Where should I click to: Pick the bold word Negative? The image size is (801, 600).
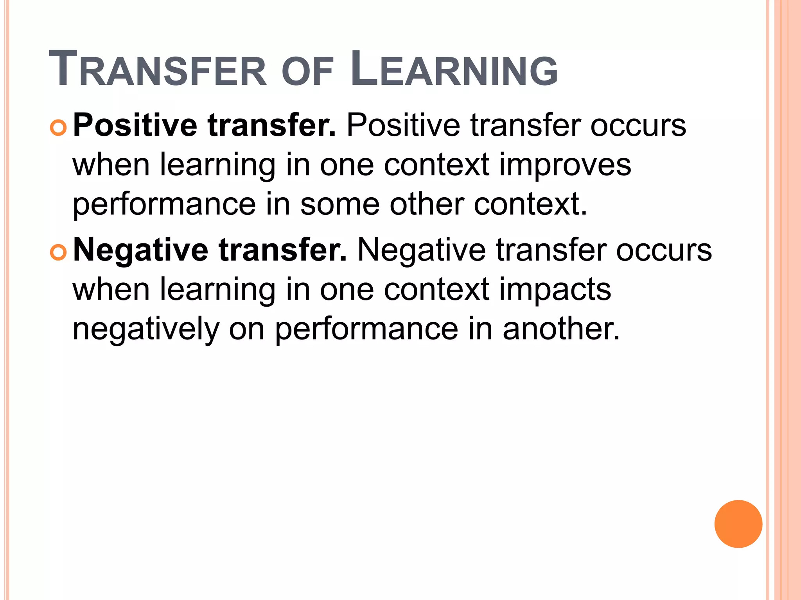coord(140,250)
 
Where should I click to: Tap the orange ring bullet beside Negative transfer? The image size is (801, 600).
coord(59,253)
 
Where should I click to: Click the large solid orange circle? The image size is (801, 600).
coord(738,524)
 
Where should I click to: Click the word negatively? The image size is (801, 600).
coord(146,329)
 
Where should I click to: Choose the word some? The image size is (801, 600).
coord(340,204)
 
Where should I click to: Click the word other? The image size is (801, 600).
coord(427,204)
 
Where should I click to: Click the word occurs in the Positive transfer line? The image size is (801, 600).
coord(638,126)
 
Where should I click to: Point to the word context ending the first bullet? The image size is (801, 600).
coord(530,204)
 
